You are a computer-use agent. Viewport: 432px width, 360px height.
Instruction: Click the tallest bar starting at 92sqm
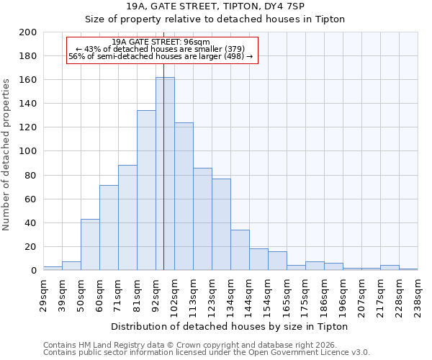coord(165,174)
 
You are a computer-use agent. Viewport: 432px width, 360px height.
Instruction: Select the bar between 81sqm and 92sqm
coord(146,190)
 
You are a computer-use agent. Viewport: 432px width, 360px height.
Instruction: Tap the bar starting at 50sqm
coord(90,244)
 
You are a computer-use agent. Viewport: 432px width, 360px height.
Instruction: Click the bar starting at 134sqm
coord(240,250)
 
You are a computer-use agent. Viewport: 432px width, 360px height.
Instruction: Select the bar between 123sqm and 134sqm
coord(221,224)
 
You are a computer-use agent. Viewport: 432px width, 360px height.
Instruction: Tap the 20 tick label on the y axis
coord(30,247)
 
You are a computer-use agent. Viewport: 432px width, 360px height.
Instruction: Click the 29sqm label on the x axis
coord(43,294)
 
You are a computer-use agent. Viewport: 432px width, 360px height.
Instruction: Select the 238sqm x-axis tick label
coord(418,294)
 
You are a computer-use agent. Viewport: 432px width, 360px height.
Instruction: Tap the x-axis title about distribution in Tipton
coord(230,326)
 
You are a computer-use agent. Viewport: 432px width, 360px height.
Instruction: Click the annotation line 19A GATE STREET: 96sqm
coord(161,42)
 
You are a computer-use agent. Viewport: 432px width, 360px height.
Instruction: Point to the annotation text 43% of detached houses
coord(161,49)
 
